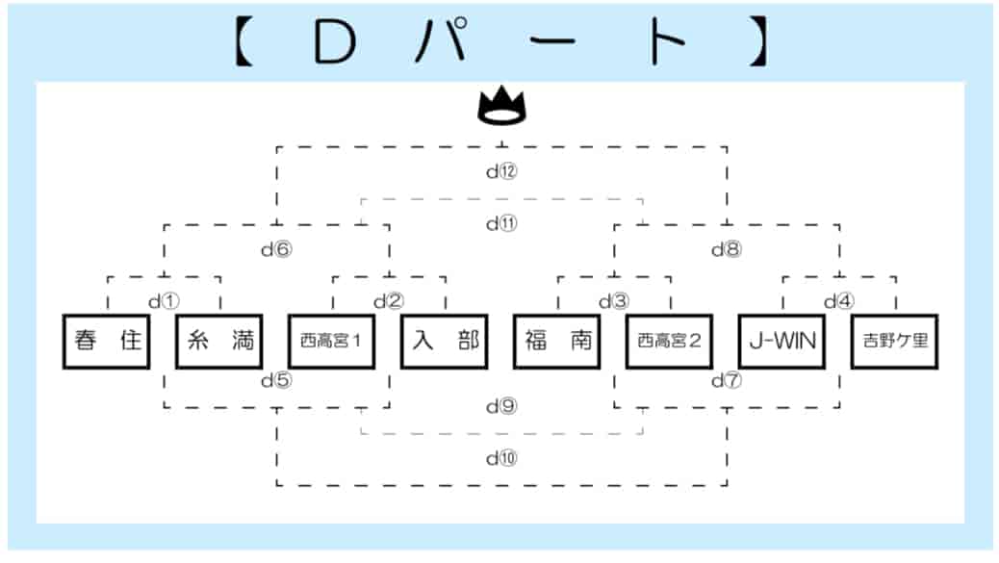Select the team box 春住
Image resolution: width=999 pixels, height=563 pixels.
(x=107, y=342)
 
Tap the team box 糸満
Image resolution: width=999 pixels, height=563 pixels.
(x=219, y=342)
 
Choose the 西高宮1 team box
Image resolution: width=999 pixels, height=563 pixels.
(x=331, y=342)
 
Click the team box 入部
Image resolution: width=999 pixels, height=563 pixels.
(x=444, y=342)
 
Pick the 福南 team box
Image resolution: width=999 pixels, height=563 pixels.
(x=557, y=342)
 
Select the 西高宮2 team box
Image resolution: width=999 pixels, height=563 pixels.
(x=669, y=342)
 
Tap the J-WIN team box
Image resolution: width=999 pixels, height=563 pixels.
(x=781, y=342)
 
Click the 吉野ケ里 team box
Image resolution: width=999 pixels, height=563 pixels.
(x=894, y=342)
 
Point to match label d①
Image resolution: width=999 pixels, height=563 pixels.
(x=164, y=301)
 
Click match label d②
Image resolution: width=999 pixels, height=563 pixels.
(x=389, y=301)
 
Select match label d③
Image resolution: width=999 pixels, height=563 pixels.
(x=614, y=301)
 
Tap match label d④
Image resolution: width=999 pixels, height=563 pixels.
(x=839, y=301)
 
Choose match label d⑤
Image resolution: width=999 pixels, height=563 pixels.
(x=276, y=380)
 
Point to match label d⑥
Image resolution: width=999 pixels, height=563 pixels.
(x=276, y=249)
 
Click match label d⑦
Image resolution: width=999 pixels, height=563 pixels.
(x=727, y=380)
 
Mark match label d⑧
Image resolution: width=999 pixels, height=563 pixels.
(x=727, y=249)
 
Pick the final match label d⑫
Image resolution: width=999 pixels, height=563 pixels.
(x=501, y=170)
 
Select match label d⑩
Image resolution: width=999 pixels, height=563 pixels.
(x=501, y=458)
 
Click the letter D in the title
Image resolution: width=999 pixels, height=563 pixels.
(x=335, y=42)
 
